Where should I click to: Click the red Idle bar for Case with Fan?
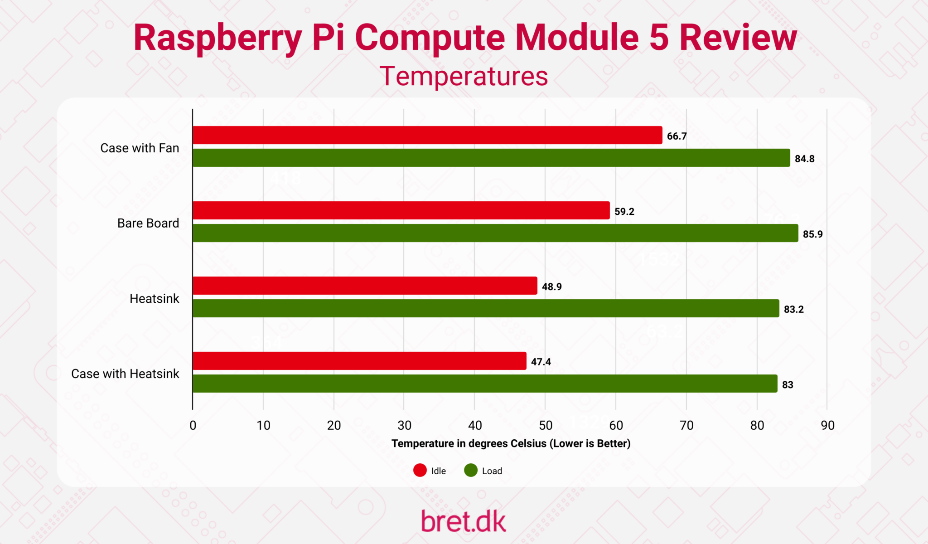(427, 135)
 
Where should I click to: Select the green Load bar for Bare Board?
(495, 233)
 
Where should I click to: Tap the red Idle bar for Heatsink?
(364, 286)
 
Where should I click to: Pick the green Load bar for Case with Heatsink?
(484, 384)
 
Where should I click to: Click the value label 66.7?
(677, 136)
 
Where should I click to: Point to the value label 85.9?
(812, 234)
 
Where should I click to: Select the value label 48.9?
(551, 287)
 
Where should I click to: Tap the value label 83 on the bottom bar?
(788, 385)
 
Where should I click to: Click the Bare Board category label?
(148, 223)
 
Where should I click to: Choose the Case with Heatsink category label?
(125, 374)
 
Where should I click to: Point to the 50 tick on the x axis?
(546, 425)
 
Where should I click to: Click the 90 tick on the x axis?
(827, 425)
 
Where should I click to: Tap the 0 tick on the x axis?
(193, 425)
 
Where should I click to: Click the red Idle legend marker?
(420, 471)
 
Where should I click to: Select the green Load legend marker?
(471, 471)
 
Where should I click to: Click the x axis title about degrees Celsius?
(511, 443)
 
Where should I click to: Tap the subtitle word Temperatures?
(464, 76)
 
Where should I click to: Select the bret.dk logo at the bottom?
(463, 521)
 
